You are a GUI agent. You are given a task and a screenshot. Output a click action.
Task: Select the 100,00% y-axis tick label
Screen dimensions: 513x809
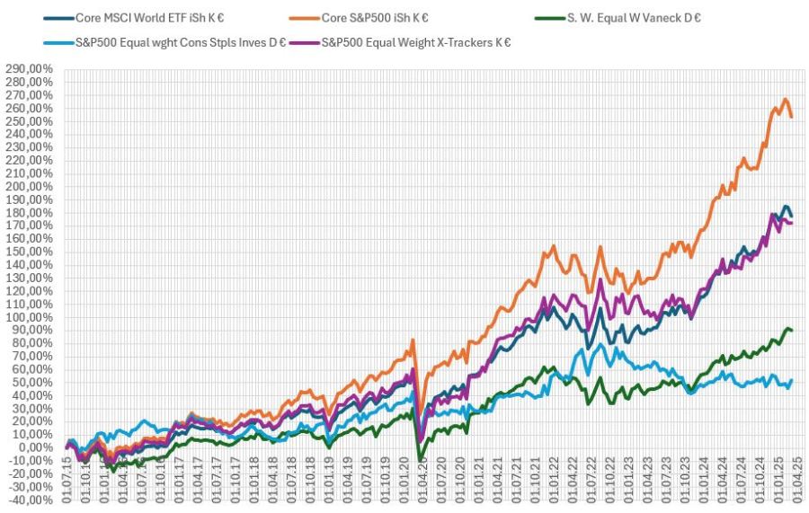[x=29, y=317]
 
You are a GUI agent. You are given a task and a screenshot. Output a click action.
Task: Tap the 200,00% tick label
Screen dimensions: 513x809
[x=29, y=187]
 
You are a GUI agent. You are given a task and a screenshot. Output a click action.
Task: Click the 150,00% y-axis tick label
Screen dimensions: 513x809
[x=29, y=252]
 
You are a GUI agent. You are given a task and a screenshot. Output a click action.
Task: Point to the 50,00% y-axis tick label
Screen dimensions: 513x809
[x=31, y=383]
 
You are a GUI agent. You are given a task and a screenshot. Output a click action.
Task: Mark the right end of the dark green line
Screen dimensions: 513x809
[x=792, y=331]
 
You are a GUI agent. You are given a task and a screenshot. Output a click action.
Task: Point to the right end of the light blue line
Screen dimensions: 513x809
[x=792, y=380]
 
